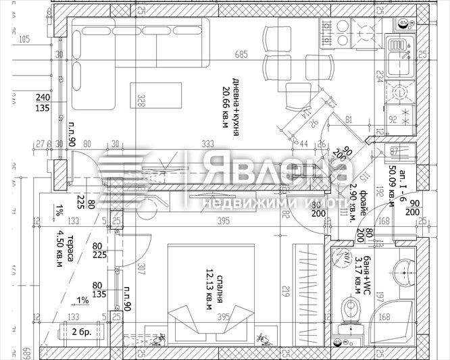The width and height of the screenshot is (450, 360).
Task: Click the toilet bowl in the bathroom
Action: click(x=351, y=312)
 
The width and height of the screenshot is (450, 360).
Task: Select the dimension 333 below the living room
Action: click(x=207, y=143)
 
